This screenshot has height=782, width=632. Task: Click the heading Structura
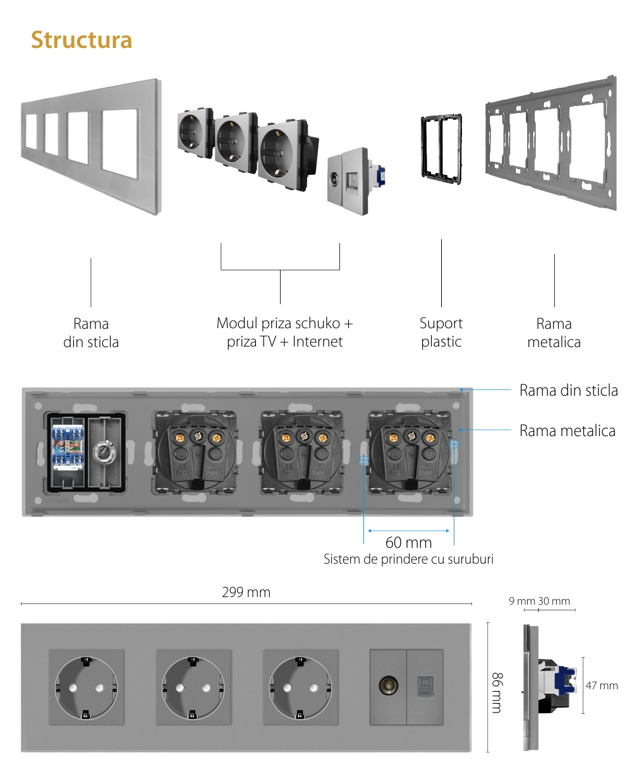[x=82, y=40]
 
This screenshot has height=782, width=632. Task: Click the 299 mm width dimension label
[x=246, y=592]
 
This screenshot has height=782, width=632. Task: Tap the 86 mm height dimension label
[x=497, y=692]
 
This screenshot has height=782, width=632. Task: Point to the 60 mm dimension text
[x=408, y=542]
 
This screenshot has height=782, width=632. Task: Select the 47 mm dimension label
[x=602, y=685]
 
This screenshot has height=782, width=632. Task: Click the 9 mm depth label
[x=521, y=601]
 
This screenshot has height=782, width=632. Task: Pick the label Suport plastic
[x=441, y=333]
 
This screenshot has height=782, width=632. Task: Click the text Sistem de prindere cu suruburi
[x=408, y=559]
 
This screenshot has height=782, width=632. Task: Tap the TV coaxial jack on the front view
[x=387, y=686]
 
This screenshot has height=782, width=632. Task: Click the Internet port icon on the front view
[x=425, y=686]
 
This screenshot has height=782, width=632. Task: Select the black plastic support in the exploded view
[x=441, y=148]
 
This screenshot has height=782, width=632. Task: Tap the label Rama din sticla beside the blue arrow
[x=568, y=390]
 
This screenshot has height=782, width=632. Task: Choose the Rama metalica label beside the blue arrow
[x=567, y=430]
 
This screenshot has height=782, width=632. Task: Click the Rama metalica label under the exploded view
[x=554, y=333]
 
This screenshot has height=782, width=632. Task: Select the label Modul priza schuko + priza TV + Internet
[x=284, y=332]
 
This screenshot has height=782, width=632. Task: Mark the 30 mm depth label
[x=554, y=601]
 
